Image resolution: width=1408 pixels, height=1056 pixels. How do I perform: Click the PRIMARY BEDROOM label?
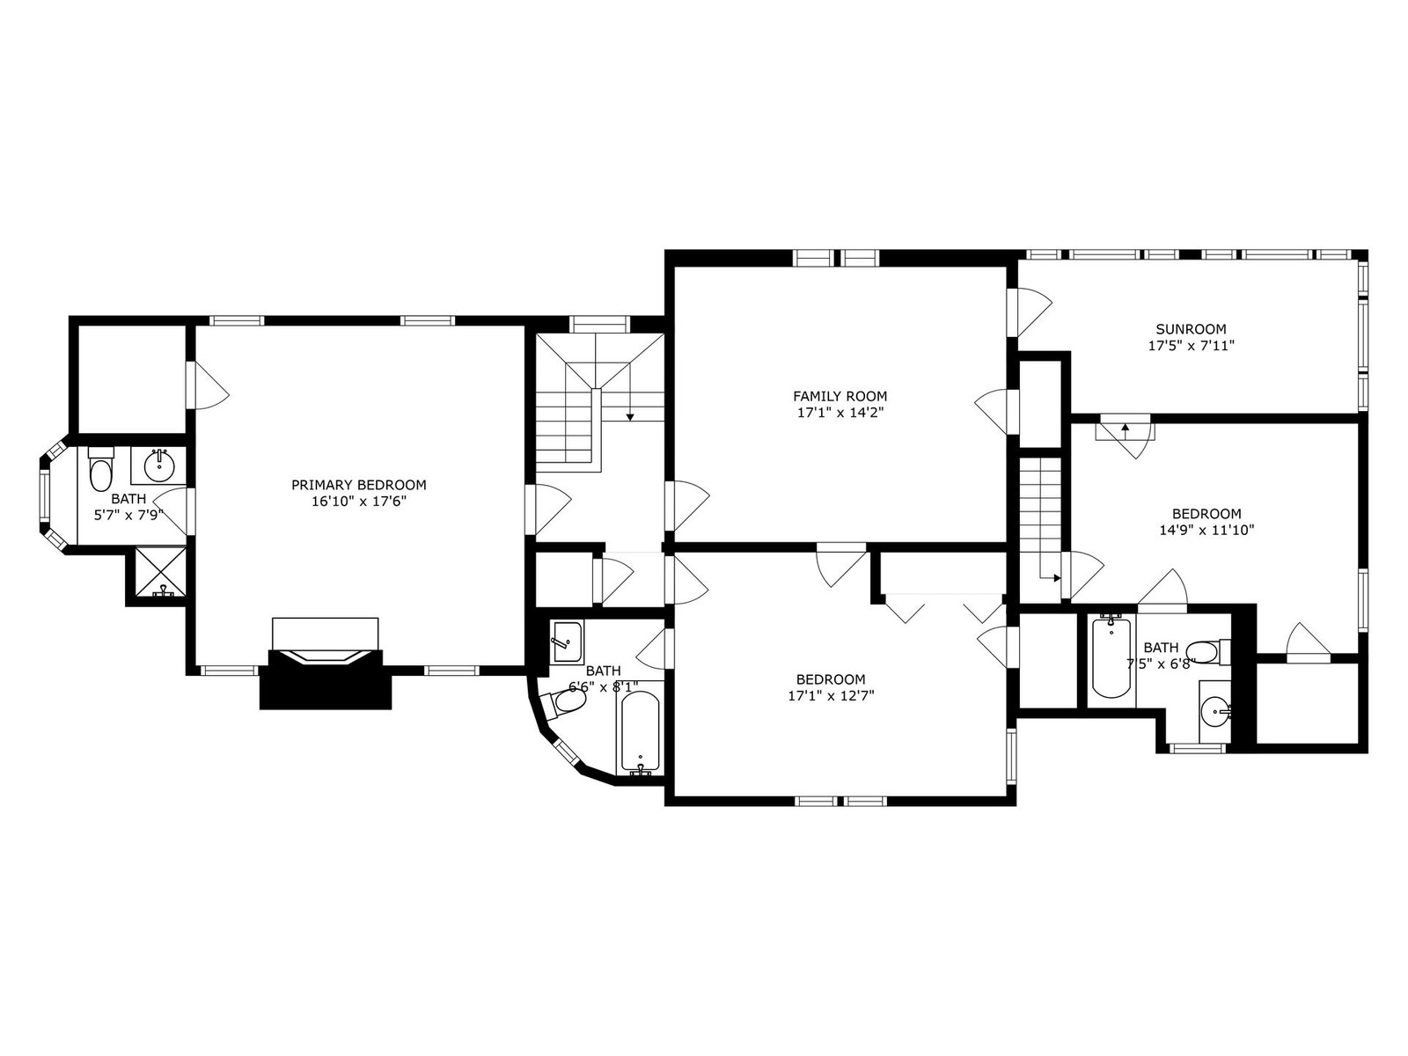pyautogui.click(x=358, y=485)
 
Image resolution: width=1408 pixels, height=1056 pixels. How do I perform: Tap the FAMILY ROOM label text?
pyautogui.click(x=840, y=396)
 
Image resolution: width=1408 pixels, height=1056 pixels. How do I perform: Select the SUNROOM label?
pyautogui.click(x=1191, y=329)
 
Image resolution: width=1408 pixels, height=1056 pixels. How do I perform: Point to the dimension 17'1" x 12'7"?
pyautogui.click(x=831, y=696)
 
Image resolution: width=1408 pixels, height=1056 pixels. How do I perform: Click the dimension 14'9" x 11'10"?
pyautogui.click(x=1206, y=531)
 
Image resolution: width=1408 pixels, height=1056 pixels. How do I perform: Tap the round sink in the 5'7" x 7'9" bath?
pyautogui.click(x=158, y=466)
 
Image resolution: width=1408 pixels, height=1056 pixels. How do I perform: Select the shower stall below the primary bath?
pyautogui.click(x=160, y=571)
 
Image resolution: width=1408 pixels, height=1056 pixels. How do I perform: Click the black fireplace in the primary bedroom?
pyautogui.click(x=326, y=679)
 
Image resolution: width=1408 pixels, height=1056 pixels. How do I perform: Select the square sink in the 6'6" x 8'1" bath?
pyautogui.click(x=567, y=642)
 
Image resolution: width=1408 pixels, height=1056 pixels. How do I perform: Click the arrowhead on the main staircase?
pyautogui.click(x=630, y=417)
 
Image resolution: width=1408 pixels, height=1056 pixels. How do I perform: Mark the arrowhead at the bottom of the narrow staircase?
pyautogui.click(x=1057, y=577)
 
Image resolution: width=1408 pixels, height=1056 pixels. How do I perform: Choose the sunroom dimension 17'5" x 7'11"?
pyautogui.click(x=1192, y=346)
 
